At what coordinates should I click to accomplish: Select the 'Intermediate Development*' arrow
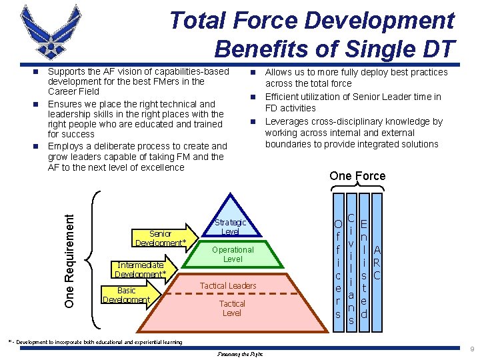pyautogui.click(x=141, y=269)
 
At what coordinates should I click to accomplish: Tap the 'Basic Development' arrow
pyautogui.click(x=127, y=295)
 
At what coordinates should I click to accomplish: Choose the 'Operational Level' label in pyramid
pyautogui.click(x=233, y=254)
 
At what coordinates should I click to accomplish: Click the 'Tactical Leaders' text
pyautogui.click(x=228, y=286)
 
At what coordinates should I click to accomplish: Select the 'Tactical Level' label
pyautogui.click(x=232, y=308)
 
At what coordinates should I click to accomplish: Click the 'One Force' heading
pyautogui.click(x=357, y=176)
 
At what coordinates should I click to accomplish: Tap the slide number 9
pyautogui.click(x=471, y=349)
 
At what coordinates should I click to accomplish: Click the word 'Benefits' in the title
pyautogui.click(x=254, y=49)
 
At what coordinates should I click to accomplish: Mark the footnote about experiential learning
pyautogui.click(x=94, y=342)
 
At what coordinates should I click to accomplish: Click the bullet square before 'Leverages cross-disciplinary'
pyautogui.click(x=253, y=122)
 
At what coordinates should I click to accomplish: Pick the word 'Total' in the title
pyautogui.click(x=197, y=21)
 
